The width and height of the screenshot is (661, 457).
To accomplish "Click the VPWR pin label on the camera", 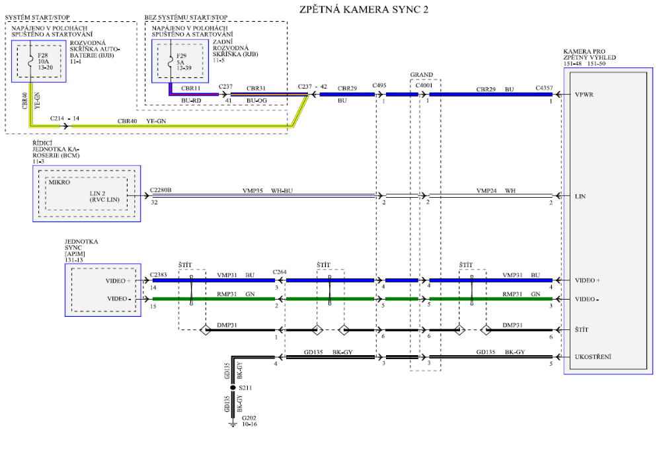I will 585,95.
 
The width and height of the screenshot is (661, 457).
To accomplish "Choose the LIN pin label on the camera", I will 581,196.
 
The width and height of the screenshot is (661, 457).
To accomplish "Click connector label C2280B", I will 161,190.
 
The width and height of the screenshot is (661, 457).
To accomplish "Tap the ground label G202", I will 249,419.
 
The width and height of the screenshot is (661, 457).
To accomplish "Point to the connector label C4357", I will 543,87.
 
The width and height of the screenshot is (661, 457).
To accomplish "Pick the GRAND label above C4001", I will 422,75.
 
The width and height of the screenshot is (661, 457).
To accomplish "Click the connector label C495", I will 379,86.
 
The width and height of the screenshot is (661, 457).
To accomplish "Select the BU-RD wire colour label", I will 191,101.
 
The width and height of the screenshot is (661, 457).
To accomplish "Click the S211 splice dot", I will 233,388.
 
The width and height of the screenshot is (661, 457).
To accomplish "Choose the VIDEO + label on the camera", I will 588,280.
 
